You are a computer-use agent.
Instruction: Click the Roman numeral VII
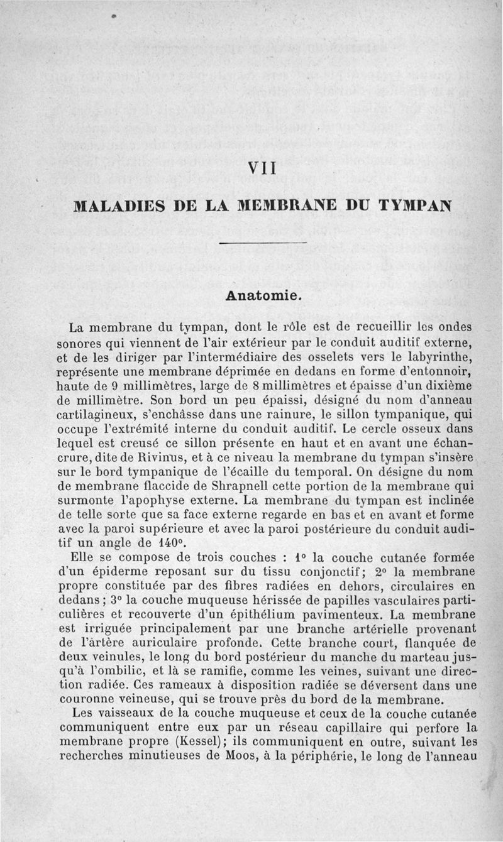tap(259, 169)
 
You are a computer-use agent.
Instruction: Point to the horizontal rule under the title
tap(263, 243)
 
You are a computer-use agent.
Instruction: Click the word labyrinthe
tap(441, 357)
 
